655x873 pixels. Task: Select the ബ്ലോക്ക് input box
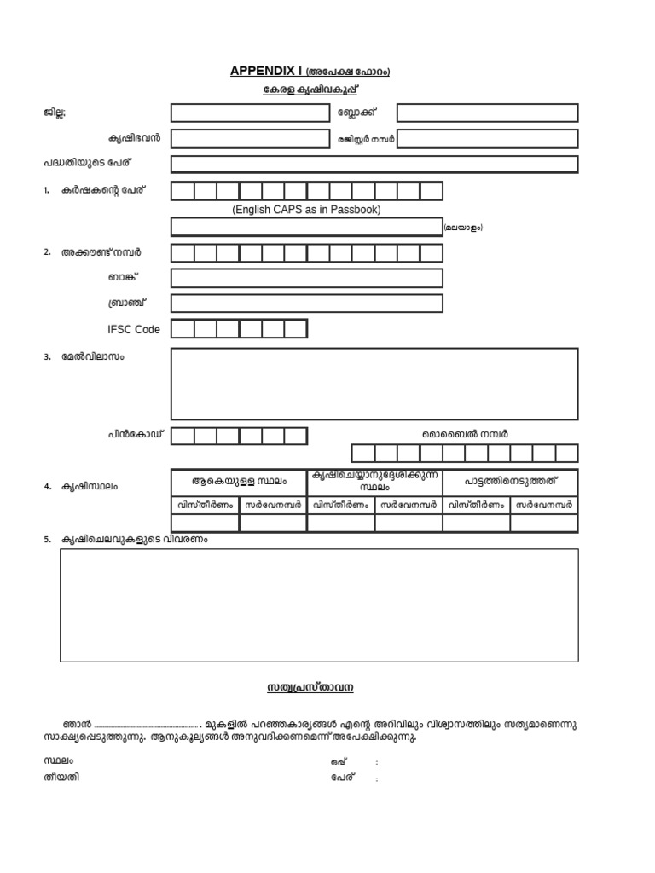click(x=487, y=113)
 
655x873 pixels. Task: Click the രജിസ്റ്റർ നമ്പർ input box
click(x=487, y=138)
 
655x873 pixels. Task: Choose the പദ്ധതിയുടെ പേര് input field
click(x=374, y=165)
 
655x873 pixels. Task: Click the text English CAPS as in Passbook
click(x=306, y=210)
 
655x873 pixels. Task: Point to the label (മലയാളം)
click(x=463, y=228)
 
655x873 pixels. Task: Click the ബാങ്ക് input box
click(x=306, y=278)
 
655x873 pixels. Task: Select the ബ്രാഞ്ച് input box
click(x=306, y=304)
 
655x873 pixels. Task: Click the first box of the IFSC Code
click(x=183, y=329)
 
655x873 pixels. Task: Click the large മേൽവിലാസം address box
click(x=374, y=384)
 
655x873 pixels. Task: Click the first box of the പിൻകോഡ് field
click(x=183, y=436)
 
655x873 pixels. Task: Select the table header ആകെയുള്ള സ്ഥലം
click(x=239, y=482)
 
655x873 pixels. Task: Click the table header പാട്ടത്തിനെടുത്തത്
click(x=510, y=482)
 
